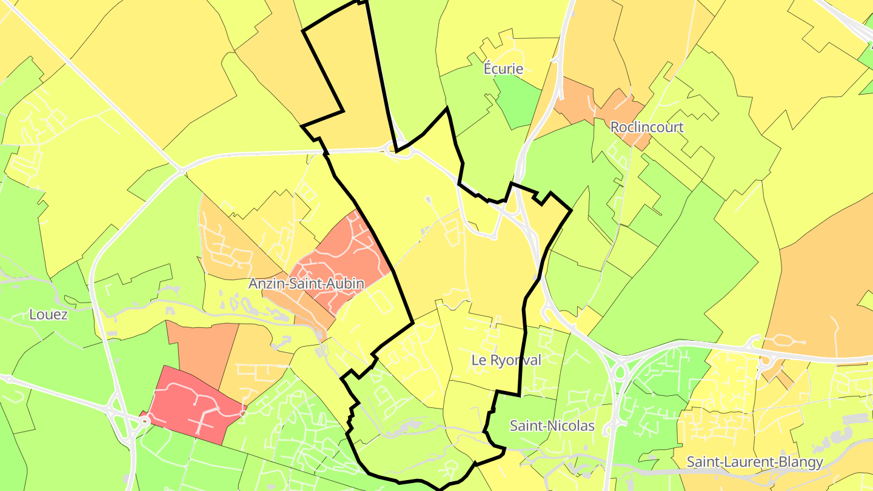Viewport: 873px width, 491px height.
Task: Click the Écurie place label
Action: tap(503, 68)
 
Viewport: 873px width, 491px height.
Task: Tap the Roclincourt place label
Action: tap(647, 127)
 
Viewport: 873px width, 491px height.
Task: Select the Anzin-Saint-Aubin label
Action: tap(306, 284)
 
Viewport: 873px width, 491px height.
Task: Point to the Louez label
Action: tap(48, 315)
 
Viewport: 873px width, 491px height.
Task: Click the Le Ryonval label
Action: tap(506, 360)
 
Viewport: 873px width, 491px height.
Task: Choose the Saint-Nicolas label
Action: tap(552, 426)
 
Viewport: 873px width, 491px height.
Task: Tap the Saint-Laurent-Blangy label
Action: tap(754, 462)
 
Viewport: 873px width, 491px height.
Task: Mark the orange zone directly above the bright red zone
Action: tap(203, 352)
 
